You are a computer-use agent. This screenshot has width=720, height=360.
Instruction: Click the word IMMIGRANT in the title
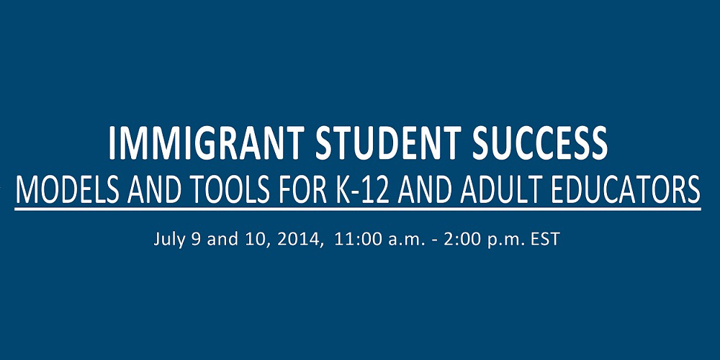(206, 143)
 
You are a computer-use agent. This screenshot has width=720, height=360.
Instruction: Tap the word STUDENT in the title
(389, 143)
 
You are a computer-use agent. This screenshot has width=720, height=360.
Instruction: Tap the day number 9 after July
(196, 240)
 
